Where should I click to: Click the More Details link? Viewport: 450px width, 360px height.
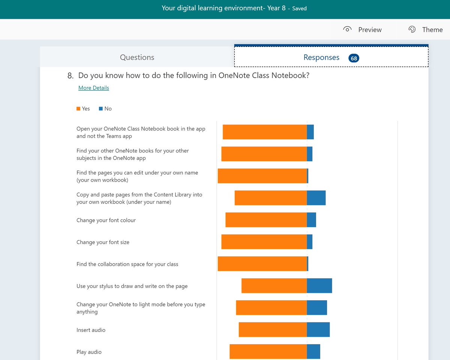(x=93, y=88)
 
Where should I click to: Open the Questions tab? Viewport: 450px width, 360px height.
(x=137, y=57)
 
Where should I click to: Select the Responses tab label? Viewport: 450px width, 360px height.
(x=321, y=57)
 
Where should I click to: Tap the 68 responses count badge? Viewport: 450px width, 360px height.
(x=354, y=58)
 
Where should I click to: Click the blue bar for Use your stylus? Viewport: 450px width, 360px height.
(x=319, y=286)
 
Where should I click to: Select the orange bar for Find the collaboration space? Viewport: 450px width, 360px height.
(x=262, y=264)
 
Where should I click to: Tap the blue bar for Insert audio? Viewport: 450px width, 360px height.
(x=318, y=330)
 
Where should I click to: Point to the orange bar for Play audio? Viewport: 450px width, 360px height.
(x=268, y=351)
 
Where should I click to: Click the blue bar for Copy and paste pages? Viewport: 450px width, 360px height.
(x=316, y=198)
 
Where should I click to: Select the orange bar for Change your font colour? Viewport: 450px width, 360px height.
(x=266, y=220)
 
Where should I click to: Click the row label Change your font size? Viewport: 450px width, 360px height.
(x=103, y=242)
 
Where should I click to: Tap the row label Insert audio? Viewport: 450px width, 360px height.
(x=91, y=330)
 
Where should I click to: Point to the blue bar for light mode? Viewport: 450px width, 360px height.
(x=317, y=307)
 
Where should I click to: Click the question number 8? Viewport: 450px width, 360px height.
(x=70, y=75)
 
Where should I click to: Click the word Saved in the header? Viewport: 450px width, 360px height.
(x=299, y=8)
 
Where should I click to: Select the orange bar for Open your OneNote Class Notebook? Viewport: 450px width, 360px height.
(x=265, y=132)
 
